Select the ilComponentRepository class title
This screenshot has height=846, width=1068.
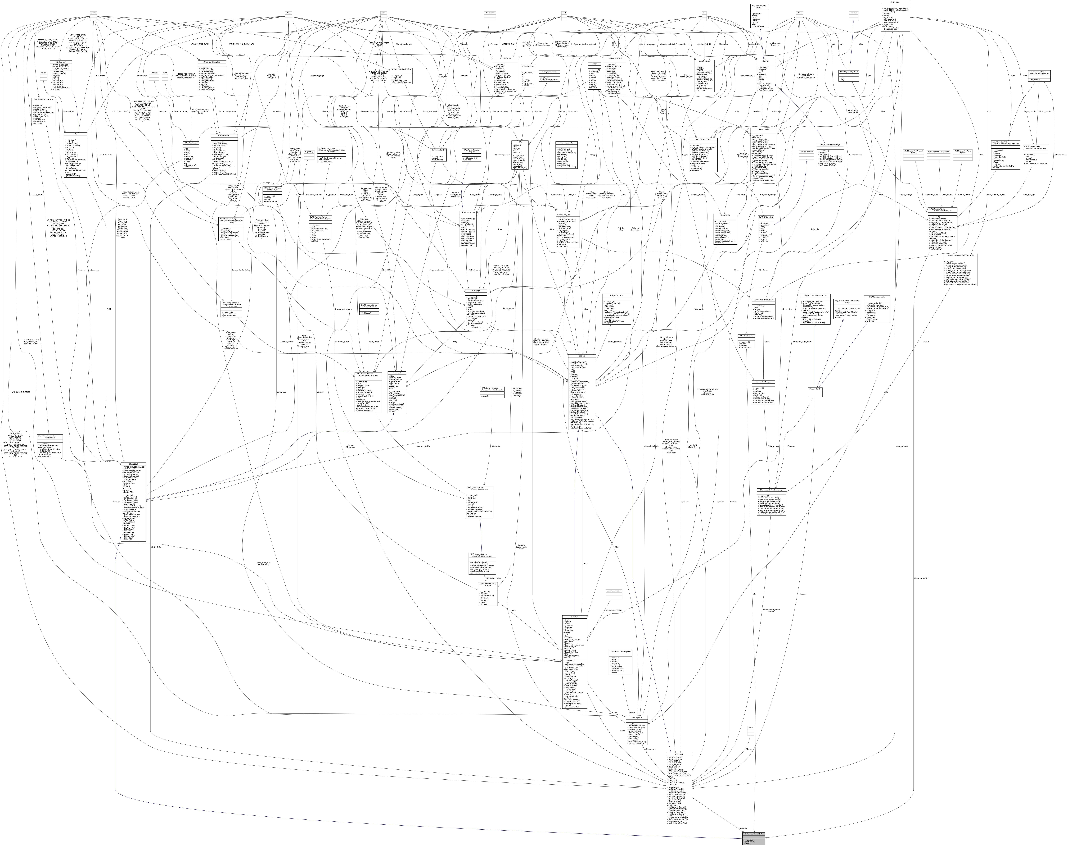[x=212, y=62]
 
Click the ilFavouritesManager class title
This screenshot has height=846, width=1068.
[x=763, y=382]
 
